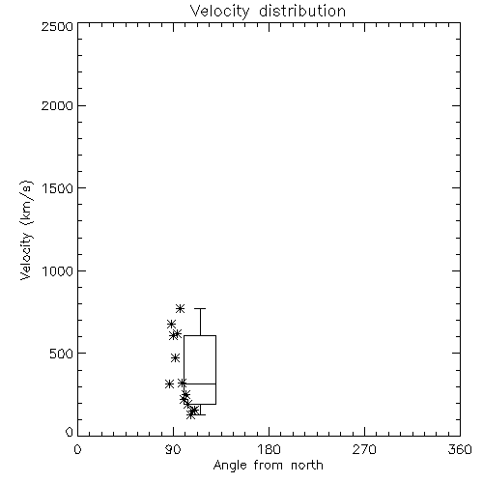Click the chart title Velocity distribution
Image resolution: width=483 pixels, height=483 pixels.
tap(268, 12)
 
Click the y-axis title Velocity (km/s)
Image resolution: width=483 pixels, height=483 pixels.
tap(26, 230)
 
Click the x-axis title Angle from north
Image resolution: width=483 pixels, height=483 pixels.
tap(268, 465)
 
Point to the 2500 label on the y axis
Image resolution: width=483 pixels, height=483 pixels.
tap(57, 26)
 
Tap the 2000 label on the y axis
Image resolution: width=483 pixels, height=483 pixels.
tap(57, 105)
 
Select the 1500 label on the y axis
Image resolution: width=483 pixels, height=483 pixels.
tap(57, 188)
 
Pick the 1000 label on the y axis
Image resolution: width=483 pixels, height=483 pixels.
tap(57, 271)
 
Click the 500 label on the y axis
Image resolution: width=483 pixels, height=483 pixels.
tap(61, 354)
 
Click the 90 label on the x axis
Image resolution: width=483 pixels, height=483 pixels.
tap(173, 449)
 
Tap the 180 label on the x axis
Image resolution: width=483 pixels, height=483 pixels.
tap(269, 449)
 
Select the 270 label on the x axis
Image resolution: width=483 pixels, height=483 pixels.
tap(364, 449)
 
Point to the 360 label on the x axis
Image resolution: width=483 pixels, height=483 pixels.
tap(460, 449)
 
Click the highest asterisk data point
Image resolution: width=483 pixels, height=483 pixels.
tap(180, 308)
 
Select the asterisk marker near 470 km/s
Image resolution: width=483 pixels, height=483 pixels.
tap(175, 357)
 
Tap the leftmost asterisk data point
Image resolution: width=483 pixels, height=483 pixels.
tap(169, 384)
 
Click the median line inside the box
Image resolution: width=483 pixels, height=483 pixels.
tap(200, 384)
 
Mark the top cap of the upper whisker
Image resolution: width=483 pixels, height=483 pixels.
tap(200, 308)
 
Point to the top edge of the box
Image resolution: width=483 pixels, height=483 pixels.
tap(200, 336)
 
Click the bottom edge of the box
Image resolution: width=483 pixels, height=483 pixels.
tap(200, 404)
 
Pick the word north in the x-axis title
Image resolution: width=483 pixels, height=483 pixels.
tap(307, 465)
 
